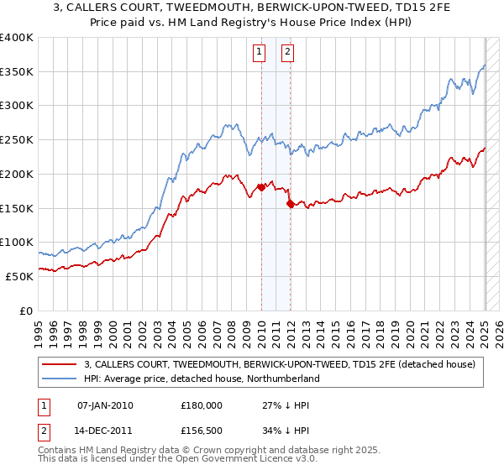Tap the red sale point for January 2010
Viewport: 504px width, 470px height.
click(261, 187)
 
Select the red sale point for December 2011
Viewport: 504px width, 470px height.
click(291, 203)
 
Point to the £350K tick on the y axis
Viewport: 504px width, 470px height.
click(18, 72)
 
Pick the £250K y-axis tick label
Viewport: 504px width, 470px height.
click(18, 140)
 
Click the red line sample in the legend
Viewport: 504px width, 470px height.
click(60, 364)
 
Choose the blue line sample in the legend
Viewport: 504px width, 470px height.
click(60, 379)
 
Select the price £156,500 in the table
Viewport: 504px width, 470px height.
click(201, 430)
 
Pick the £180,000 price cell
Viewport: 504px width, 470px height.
click(201, 405)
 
